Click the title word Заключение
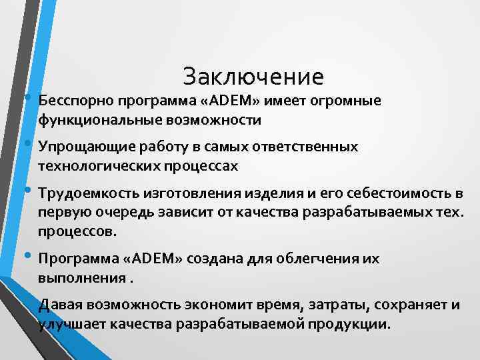coord(253,77)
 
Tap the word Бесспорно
coord(75,101)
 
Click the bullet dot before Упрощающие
coord(28,144)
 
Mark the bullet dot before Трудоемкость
coord(28,191)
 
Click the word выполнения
coord(81,277)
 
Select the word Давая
coord(57,305)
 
